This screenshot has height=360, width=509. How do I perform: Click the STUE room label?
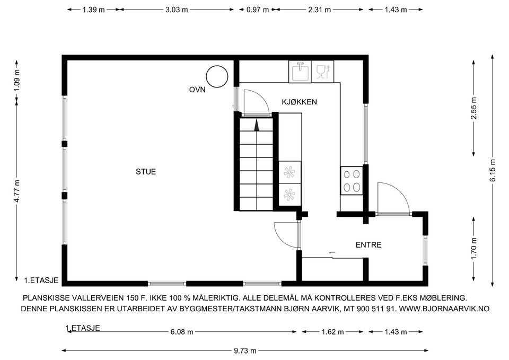pos(146,171)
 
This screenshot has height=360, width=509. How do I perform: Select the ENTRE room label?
pos(368,245)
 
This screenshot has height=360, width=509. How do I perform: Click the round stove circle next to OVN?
pos(217,76)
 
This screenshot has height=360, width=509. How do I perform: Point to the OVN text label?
pos(197,90)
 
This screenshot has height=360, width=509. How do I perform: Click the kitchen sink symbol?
pos(300,71)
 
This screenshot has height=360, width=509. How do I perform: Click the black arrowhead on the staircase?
pos(257,125)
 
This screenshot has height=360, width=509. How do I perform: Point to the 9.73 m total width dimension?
pos(245,350)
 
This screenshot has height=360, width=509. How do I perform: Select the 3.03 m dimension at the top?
pos(177,10)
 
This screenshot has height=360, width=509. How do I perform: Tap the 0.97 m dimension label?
pos(257,10)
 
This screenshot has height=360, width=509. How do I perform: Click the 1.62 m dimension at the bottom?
pos(332,332)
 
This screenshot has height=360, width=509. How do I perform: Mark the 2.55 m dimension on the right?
pos(473,108)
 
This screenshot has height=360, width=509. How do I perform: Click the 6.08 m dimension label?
pos(181,332)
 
